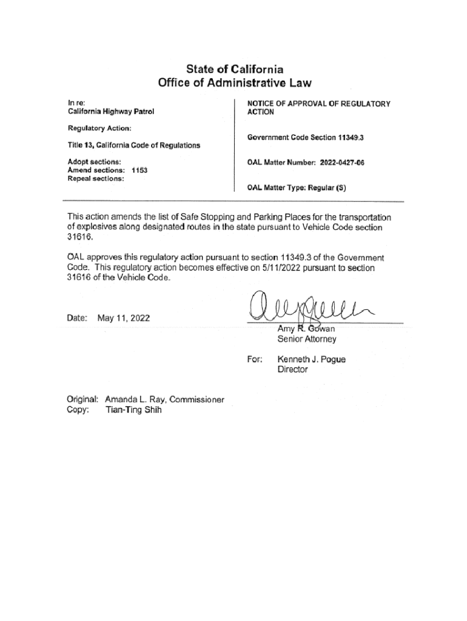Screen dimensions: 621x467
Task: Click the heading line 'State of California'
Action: [x=233, y=69]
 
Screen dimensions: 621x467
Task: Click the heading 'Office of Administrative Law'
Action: [x=233, y=83]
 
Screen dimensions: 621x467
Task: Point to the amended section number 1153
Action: [x=140, y=170]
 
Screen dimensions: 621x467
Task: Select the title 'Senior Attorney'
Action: [x=306, y=340]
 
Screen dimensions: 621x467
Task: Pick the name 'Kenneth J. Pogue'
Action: [x=311, y=360]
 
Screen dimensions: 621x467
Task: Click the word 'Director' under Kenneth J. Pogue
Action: [x=292, y=369]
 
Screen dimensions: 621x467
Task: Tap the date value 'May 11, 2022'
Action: [x=124, y=318]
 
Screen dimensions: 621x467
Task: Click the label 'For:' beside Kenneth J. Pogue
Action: [x=255, y=360]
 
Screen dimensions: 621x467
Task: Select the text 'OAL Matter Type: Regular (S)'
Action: [x=296, y=188]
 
